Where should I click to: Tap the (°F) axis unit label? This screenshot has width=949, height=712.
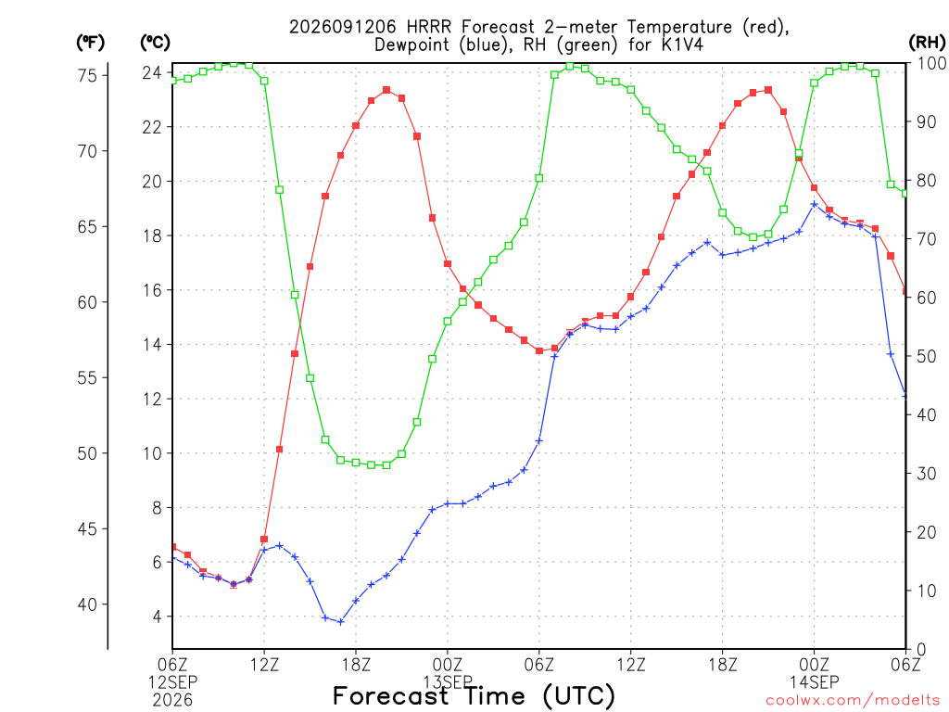(x=90, y=43)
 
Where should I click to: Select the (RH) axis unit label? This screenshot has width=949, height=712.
(x=927, y=42)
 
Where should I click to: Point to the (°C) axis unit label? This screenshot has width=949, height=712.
(x=155, y=43)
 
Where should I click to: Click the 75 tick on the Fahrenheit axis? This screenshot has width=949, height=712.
(x=88, y=76)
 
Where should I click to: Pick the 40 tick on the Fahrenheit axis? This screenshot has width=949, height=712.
(x=88, y=604)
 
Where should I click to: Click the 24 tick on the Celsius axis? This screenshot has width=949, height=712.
(x=152, y=72)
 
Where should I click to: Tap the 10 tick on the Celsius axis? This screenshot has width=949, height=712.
(x=152, y=453)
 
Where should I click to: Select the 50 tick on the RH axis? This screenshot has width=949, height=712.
(x=926, y=356)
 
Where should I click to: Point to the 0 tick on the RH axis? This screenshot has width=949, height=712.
(x=921, y=650)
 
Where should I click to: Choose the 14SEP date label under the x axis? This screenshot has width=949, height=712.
(x=814, y=682)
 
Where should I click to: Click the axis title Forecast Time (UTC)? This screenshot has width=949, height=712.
(x=474, y=695)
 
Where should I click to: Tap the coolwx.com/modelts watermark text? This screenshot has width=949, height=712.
(x=853, y=701)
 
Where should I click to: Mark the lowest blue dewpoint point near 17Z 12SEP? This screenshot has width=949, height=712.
(x=341, y=622)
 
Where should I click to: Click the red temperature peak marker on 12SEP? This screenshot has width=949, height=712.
(x=386, y=90)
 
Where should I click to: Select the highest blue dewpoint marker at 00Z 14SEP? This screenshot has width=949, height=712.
(x=814, y=205)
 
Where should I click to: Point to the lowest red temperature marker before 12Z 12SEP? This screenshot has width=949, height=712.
(x=234, y=584)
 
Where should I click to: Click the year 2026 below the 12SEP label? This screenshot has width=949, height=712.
(x=172, y=700)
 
